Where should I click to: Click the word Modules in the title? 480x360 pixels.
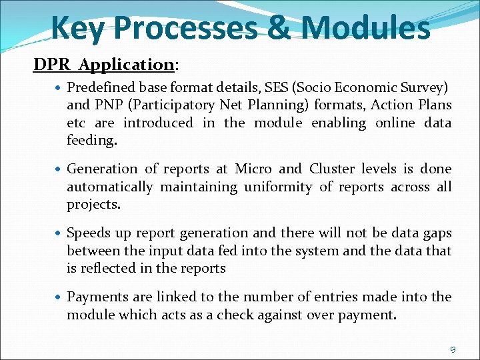point(365,28)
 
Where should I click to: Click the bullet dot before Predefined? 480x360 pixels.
point(60,87)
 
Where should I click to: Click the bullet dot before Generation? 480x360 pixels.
point(60,169)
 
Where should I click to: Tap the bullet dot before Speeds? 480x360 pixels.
point(60,233)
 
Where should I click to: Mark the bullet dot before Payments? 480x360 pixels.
point(60,297)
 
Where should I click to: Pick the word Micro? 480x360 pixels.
point(253,169)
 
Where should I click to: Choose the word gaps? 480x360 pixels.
point(437,233)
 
